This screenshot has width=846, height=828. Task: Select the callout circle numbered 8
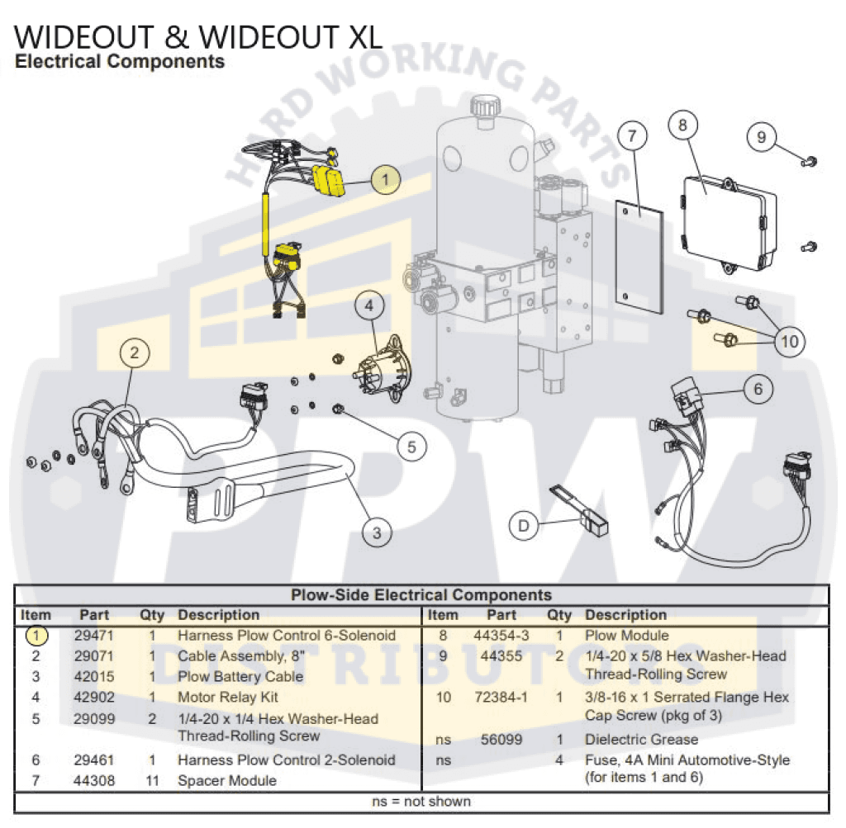(x=682, y=125)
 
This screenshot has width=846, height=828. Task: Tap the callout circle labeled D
(x=523, y=525)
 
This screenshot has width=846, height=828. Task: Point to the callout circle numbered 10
(x=791, y=341)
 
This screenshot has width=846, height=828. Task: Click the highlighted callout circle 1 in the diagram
(x=386, y=179)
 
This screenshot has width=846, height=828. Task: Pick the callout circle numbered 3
(x=377, y=532)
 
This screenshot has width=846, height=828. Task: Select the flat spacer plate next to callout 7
(x=641, y=255)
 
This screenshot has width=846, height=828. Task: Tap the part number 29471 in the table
(x=93, y=636)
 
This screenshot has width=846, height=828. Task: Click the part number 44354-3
(x=501, y=636)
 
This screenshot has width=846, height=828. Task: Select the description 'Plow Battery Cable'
(x=240, y=677)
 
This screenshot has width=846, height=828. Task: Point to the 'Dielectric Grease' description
(x=641, y=740)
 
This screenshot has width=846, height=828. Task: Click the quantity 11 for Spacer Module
(x=152, y=780)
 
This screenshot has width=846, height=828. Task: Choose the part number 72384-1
(x=501, y=698)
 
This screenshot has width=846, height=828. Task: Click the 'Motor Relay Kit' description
(x=228, y=698)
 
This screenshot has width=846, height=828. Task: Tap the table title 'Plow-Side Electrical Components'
(x=421, y=594)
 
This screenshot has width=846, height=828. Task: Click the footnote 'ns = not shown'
(x=421, y=801)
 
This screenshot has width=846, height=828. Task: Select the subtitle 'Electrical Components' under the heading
(x=120, y=62)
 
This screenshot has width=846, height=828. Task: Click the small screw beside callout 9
(x=810, y=161)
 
